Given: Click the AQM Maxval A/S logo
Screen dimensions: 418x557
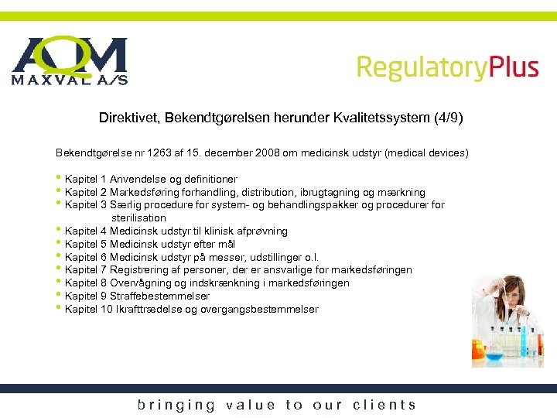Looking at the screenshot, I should click(x=69, y=60).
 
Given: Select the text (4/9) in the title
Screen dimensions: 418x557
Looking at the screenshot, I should click(x=446, y=118).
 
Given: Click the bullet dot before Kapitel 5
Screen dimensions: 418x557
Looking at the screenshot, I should click(x=59, y=243).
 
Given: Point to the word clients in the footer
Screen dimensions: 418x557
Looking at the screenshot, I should click(x=384, y=405).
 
